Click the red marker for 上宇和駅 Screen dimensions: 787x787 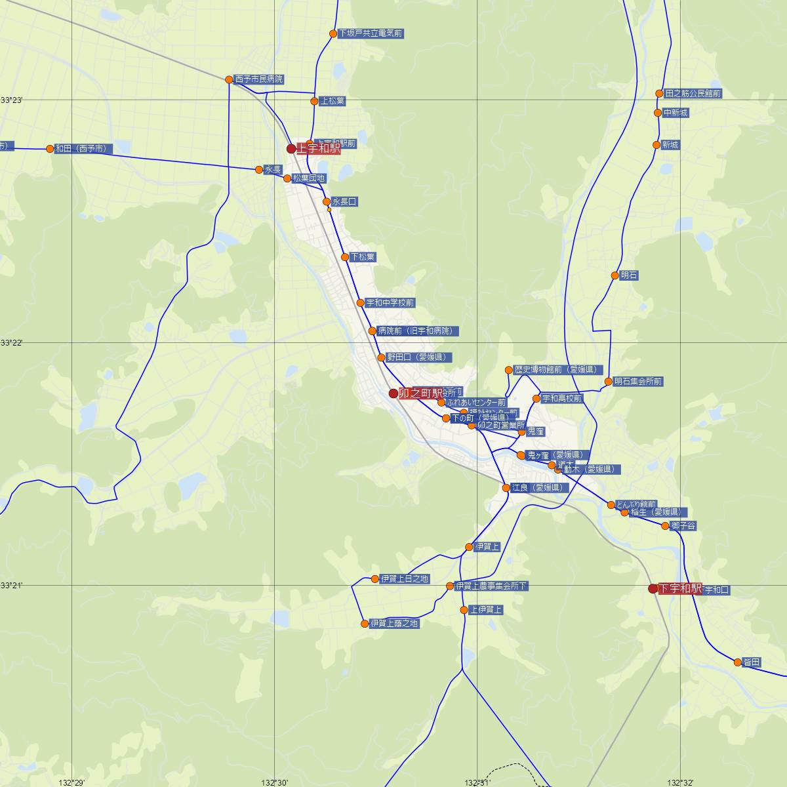291,149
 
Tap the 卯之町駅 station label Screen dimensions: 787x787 421,393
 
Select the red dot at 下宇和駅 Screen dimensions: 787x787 653,589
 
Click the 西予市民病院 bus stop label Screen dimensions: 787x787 259,79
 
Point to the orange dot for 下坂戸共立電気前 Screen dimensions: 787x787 333,33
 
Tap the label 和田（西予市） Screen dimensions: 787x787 81,149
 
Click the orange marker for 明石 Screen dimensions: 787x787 615,275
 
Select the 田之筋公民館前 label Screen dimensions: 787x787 693,94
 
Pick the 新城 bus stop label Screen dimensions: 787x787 670,145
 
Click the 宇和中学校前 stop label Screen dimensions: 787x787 390,303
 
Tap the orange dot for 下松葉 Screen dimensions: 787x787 345,257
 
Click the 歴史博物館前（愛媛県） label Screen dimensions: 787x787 557,370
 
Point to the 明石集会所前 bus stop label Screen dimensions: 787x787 638,381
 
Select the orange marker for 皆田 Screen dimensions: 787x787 738,662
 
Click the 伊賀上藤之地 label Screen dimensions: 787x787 393,624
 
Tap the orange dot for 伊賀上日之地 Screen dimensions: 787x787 375,579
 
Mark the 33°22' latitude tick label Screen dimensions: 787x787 12,343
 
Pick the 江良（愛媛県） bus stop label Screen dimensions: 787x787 538,488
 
